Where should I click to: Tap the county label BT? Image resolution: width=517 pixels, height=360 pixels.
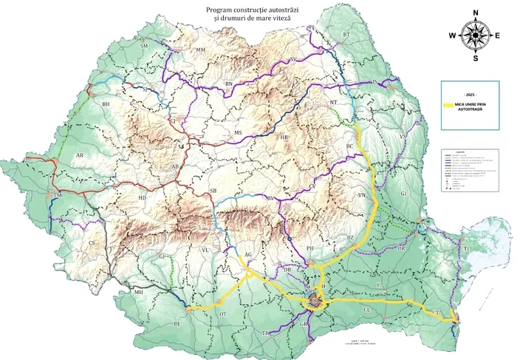point(346,35)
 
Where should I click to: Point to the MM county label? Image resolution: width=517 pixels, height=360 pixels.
point(199,50)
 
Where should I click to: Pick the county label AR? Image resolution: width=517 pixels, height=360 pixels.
point(79,156)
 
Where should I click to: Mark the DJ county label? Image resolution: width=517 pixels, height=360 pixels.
point(177,324)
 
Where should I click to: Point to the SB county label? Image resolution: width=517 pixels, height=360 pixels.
point(213,191)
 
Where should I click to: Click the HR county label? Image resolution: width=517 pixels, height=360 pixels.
point(284,137)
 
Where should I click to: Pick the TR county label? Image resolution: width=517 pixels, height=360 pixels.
point(265,333)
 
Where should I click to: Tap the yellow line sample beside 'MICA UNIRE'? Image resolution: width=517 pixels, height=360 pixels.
point(448,106)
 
